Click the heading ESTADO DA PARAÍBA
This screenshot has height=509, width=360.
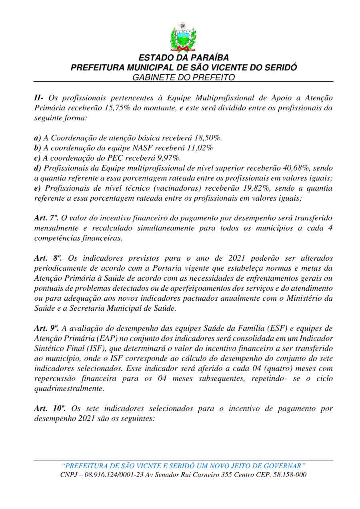(x=184, y=58)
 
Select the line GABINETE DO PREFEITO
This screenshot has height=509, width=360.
(x=184, y=77)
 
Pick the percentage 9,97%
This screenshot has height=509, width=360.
(x=167, y=158)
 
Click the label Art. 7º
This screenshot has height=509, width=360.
(x=47, y=218)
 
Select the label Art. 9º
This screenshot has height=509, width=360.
(x=47, y=328)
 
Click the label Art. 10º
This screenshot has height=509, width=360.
(x=48, y=408)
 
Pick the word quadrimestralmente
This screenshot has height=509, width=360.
(x=69, y=388)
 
